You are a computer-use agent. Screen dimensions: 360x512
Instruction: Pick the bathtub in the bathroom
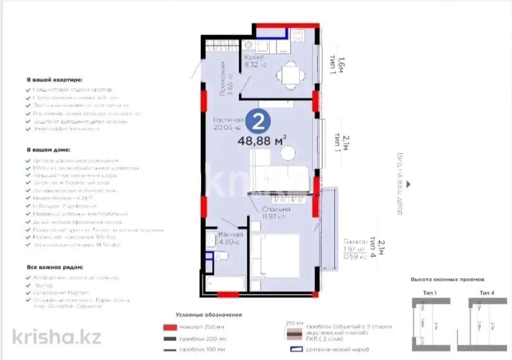tap(225, 284)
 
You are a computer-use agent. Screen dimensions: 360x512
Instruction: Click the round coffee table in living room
tap(288, 153)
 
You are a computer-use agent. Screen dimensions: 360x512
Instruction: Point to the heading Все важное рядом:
tap(55, 268)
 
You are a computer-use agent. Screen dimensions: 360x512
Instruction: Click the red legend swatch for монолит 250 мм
tap(169, 327)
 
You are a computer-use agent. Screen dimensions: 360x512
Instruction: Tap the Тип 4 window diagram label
tap(486, 293)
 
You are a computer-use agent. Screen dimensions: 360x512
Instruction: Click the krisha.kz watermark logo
tap(57, 337)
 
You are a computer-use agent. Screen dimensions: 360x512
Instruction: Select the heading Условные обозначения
tap(209, 315)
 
